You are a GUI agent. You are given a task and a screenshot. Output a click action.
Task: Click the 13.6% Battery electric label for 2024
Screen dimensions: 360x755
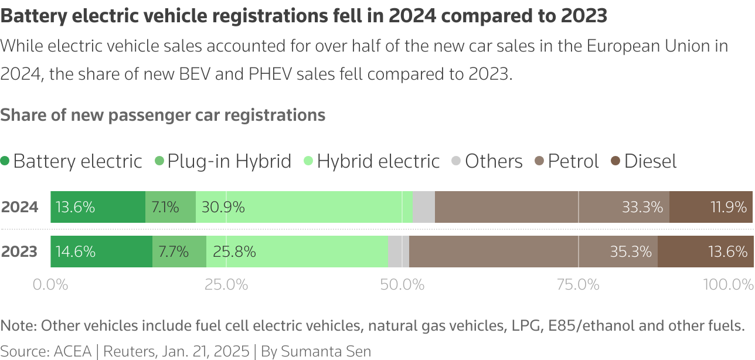tap(75, 207)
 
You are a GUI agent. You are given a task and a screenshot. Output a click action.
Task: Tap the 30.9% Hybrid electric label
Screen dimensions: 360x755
tap(223, 207)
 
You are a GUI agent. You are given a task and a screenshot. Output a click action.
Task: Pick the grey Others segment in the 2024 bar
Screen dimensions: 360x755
tap(424, 207)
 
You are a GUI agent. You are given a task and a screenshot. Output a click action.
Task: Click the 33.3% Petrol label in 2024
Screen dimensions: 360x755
tap(642, 207)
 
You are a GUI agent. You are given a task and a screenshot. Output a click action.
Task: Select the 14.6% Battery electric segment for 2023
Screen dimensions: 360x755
tap(101, 252)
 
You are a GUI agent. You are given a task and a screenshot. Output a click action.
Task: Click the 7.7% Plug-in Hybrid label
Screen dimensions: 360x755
tap(174, 252)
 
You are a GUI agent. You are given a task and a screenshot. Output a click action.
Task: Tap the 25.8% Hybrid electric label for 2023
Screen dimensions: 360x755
tap(234, 252)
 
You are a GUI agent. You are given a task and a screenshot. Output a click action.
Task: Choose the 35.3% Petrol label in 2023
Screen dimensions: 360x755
tap(631, 252)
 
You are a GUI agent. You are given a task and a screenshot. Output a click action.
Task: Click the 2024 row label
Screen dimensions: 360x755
tap(20, 207)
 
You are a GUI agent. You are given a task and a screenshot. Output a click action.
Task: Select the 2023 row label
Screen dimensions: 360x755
tap(20, 252)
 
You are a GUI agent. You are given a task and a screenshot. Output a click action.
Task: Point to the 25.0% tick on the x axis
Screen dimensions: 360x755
tap(226, 285)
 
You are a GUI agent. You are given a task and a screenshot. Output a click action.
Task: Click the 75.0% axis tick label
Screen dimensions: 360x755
tap(578, 285)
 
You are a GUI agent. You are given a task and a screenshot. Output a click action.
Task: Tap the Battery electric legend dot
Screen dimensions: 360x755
tap(5, 161)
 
